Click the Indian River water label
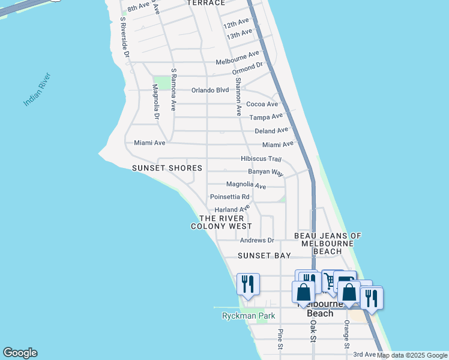tap(38, 90)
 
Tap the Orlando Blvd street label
tap(210, 91)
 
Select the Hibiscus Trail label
tap(261, 159)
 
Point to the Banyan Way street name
tap(265, 172)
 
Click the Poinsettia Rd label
tap(229, 197)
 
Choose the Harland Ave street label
tap(232, 209)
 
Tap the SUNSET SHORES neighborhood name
tap(167, 169)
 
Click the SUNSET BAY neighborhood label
tap(264, 256)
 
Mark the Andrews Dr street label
tap(256, 241)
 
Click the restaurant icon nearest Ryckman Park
tap(248, 284)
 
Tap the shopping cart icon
tap(330, 281)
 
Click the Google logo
tap(20, 353)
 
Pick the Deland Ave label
tap(271, 131)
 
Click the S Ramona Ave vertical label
tap(173, 89)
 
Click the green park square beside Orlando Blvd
tap(161, 83)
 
